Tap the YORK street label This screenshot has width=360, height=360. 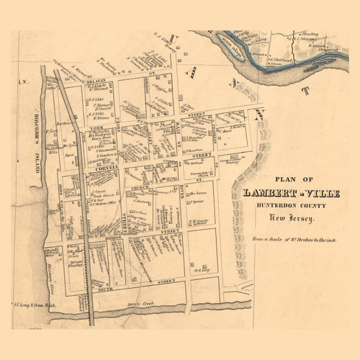(x=98, y=127)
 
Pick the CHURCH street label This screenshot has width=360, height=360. (x=140, y=188)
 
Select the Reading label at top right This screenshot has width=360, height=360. (x=310, y=34)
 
